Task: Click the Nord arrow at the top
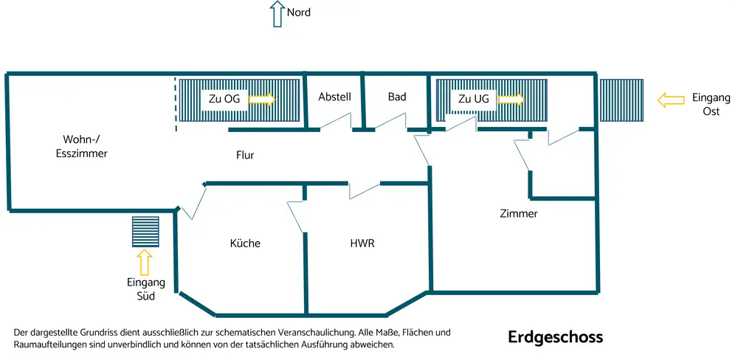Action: click(277, 13)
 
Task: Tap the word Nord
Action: click(298, 13)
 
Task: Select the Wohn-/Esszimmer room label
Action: click(82, 146)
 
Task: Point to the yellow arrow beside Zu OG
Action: click(261, 99)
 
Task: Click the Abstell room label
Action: click(334, 97)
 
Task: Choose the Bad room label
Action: click(397, 97)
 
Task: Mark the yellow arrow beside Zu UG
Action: click(510, 99)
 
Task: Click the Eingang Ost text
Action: click(709, 104)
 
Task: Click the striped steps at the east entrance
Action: click(621, 100)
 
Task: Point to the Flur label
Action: click(246, 156)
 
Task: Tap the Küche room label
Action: click(245, 243)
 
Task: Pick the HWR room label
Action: click(362, 243)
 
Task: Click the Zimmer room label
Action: click(518, 214)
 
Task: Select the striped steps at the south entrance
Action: click(146, 232)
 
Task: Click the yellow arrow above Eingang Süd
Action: click(144, 263)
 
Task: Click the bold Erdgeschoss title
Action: click(555, 337)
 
